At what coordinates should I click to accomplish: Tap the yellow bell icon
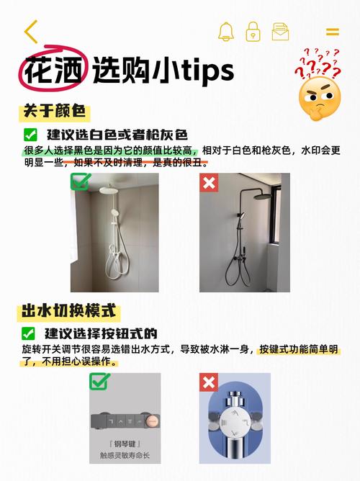coord(226,31)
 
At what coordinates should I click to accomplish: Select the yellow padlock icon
coord(253,31)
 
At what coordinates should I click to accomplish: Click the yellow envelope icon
coord(280,32)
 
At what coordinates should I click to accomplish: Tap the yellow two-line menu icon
coord(333,32)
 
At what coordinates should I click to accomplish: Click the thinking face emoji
coord(320,98)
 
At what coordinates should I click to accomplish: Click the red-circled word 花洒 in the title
coord(54,71)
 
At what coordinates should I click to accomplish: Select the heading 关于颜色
coord(54,111)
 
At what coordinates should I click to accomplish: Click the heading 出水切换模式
coord(68,311)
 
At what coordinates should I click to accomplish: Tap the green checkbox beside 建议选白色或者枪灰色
coord(30,135)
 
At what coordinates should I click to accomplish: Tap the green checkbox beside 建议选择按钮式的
coord(28,333)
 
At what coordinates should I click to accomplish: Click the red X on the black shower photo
coord(209,183)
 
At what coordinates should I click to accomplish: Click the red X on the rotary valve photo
coord(209,382)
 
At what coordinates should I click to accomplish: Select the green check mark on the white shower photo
coord(80,181)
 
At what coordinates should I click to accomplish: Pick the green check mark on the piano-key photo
coord(99,382)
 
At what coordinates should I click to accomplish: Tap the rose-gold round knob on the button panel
coord(152,421)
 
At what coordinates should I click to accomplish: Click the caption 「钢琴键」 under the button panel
coord(125,444)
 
